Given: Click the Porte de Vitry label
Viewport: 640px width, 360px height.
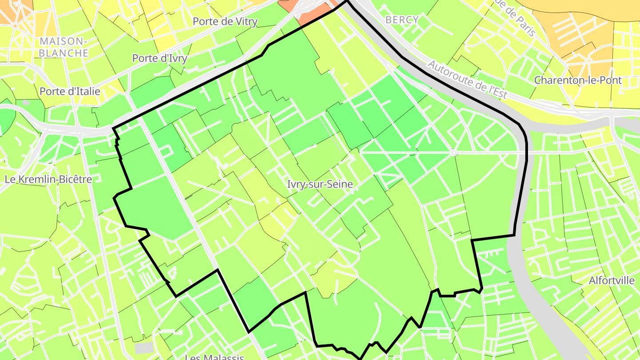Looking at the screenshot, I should click(x=225, y=21).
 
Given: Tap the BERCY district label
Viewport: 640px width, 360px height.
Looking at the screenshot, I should click(x=402, y=20).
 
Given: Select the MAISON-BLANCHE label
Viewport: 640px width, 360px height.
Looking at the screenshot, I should click(x=63, y=47).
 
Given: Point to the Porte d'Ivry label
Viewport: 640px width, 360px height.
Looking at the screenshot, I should click(x=160, y=58).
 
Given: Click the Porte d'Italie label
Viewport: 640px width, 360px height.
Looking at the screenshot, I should click(x=70, y=91).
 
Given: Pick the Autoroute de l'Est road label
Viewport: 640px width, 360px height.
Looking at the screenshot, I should click(x=467, y=80).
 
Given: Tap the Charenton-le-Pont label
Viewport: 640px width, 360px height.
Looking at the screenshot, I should click(x=578, y=80).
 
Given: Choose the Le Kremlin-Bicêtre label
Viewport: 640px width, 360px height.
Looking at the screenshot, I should click(x=48, y=179).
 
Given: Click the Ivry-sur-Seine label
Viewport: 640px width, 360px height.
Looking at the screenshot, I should click(x=320, y=184).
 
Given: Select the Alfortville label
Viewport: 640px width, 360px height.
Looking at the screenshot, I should click(x=612, y=280).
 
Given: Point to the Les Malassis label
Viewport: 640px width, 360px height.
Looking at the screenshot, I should click(x=214, y=357).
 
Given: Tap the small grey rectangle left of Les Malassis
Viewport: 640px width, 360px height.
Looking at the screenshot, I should click(x=144, y=348).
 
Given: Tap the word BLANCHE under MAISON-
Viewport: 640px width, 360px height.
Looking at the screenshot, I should click(x=63, y=53).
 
